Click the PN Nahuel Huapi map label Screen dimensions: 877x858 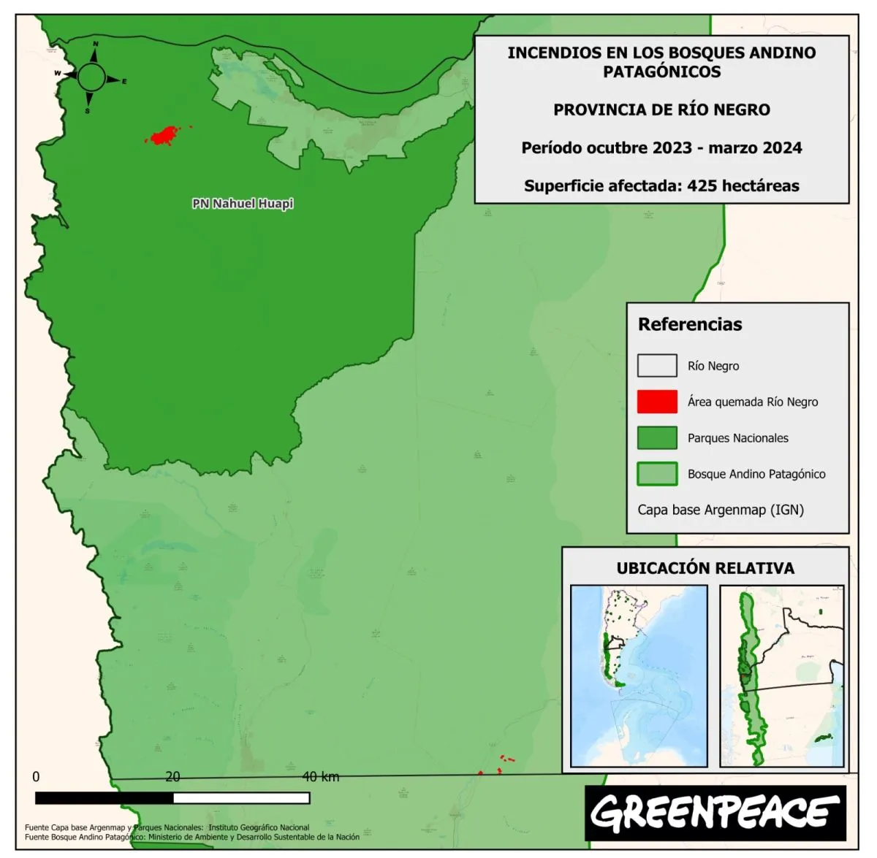[x=243, y=204]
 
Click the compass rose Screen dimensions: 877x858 [x=92, y=76]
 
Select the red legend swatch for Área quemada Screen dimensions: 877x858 [x=656, y=402]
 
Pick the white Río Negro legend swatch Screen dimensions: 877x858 [x=656, y=366]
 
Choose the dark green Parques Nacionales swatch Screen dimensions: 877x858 [x=656, y=438]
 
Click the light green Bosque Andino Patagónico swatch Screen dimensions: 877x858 [x=656, y=474]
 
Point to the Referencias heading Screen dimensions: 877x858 [x=689, y=324]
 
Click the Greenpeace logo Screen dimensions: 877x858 [x=715, y=812]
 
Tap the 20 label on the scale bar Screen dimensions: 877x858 [x=172, y=777]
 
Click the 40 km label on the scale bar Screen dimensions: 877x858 [x=321, y=777]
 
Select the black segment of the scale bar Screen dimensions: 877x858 [x=104, y=798]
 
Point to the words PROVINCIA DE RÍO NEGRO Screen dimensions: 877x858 [x=661, y=110]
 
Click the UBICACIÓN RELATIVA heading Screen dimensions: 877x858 [x=705, y=568]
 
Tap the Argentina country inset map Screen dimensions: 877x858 [x=639, y=675]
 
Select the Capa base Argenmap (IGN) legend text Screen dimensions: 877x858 [x=721, y=510]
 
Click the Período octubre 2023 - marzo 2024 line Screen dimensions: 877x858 [x=661, y=148]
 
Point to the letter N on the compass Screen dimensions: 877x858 [x=96, y=45]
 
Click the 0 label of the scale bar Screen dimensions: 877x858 [x=36, y=777]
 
